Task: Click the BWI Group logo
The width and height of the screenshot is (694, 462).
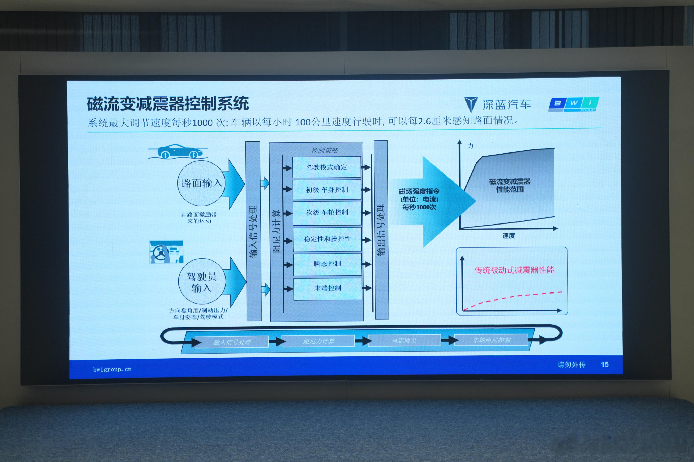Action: coord(573,104)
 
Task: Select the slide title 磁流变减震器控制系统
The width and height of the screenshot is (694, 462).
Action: coord(168,104)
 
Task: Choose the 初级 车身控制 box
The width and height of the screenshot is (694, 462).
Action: coord(327,190)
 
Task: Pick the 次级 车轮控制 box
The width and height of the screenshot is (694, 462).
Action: coord(327,212)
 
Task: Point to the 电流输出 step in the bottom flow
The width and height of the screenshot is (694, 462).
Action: coord(404,341)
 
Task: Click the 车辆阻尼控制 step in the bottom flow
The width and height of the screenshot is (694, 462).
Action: coord(491,340)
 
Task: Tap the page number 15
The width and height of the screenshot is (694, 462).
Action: coord(605,364)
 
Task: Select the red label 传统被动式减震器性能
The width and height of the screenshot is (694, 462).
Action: coord(514,270)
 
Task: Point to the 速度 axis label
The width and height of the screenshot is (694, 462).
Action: coord(509,236)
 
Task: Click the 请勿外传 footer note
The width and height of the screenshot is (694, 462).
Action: coord(571,365)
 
